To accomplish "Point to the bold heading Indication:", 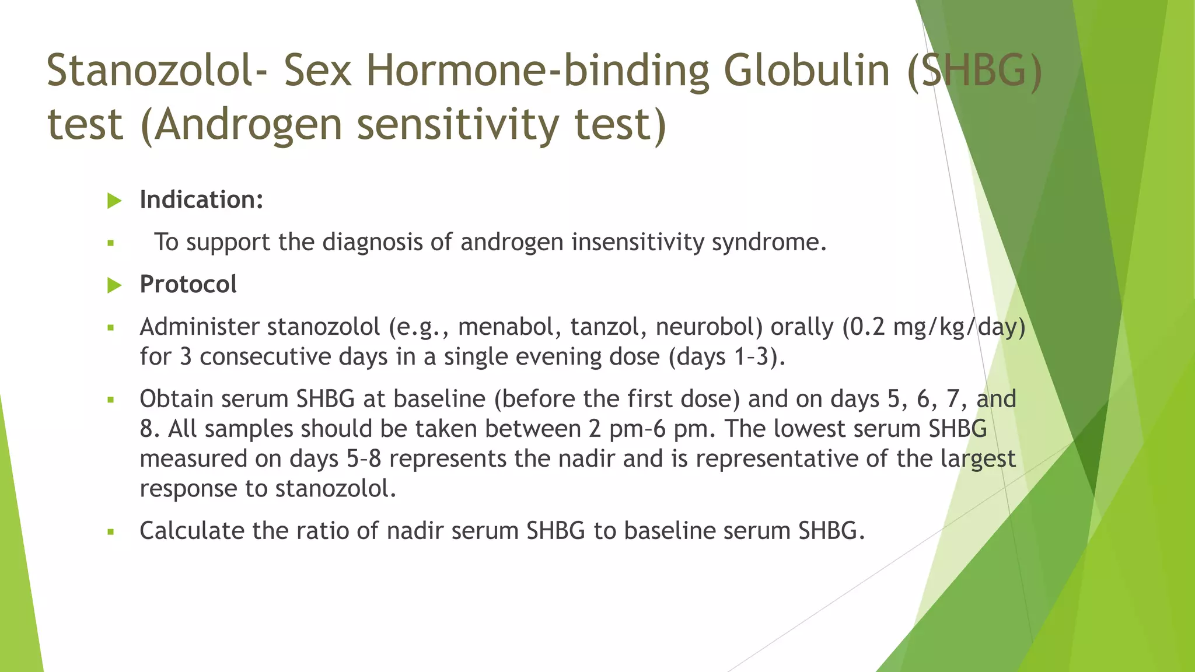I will pyautogui.click(x=201, y=199).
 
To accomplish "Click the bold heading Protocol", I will pyautogui.click(x=188, y=284).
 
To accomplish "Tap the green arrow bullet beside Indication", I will pyautogui.click(x=114, y=201).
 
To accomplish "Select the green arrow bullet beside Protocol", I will pyautogui.click(x=114, y=285).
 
